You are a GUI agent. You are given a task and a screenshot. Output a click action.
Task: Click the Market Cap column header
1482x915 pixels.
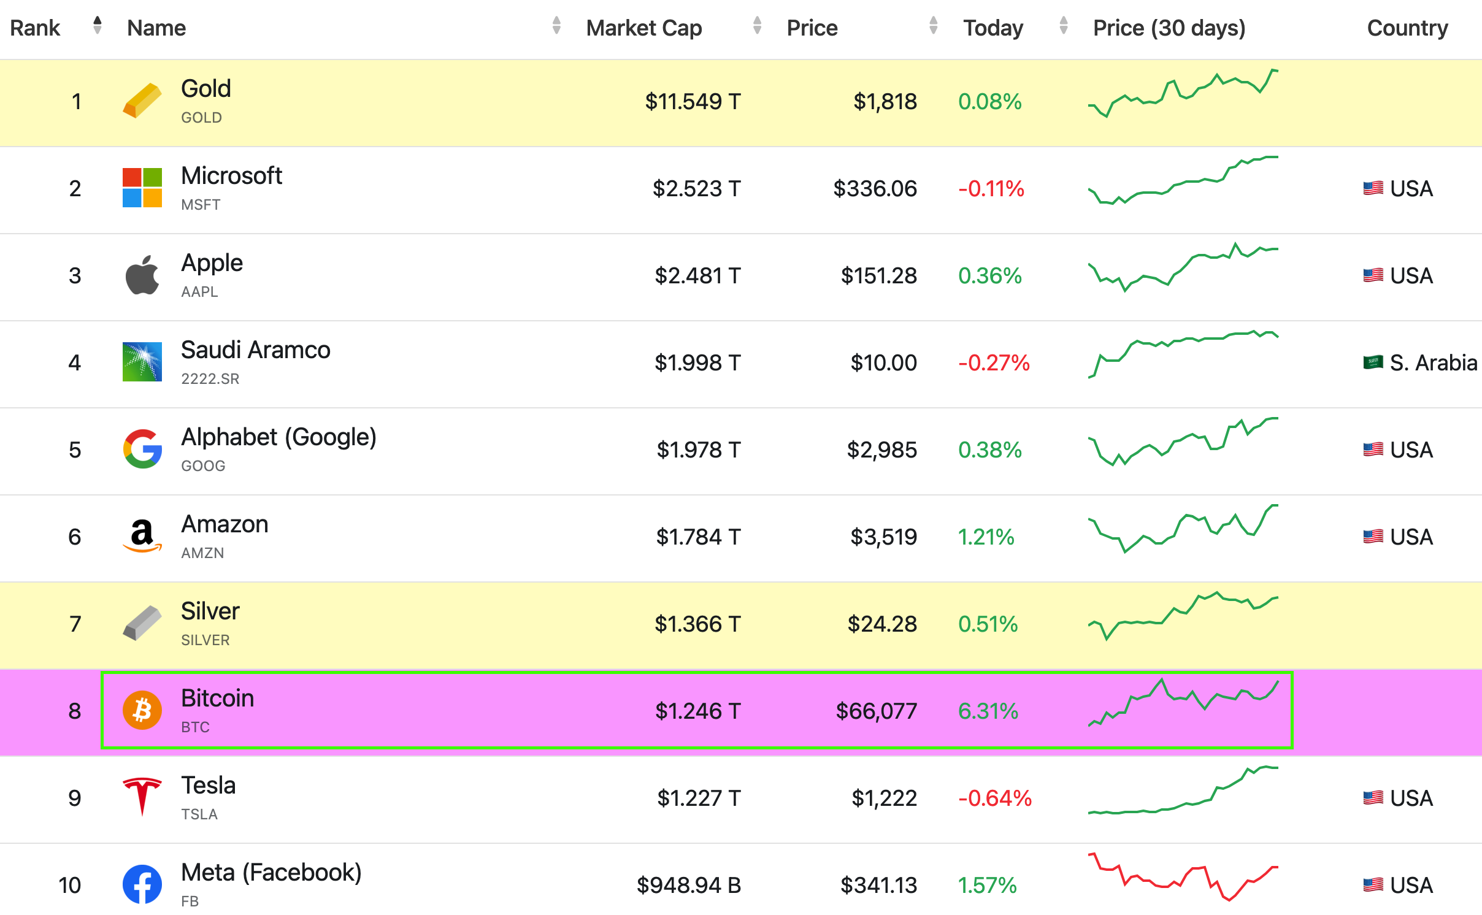(x=643, y=28)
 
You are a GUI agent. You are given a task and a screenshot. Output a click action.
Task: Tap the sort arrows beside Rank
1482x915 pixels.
(x=97, y=26)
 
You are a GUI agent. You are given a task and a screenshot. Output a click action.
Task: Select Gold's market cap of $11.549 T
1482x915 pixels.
(x=693, y=102)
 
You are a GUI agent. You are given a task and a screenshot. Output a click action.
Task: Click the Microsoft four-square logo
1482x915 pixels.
(x=142, y=188)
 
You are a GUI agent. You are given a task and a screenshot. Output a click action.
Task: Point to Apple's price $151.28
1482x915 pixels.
(x=878, y=276)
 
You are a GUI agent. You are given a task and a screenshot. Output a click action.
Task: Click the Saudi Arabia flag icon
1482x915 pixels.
(x=1373, y=362)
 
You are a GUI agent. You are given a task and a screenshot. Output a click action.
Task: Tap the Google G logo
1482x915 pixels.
(x=142, y=449)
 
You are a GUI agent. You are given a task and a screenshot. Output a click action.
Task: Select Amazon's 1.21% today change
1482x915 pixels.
(x=986, y=537)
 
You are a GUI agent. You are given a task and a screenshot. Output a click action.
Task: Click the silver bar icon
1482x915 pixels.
(x=142, y=623)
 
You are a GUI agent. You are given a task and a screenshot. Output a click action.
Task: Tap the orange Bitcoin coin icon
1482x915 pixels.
(x=142, y=710)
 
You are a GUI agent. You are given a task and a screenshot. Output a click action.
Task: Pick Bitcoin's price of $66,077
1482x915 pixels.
(x=876, y=711)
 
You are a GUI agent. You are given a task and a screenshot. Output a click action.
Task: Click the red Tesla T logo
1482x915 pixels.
(x=142, y=796)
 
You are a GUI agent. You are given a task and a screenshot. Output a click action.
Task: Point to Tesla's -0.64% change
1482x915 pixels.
(x=994, y=798)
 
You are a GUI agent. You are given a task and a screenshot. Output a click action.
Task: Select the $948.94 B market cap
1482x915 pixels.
(x=688, y=886)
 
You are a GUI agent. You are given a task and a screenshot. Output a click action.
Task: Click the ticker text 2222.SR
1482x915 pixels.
(x=210, y=379)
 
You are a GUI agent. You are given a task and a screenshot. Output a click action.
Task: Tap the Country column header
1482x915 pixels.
(x=1407, y=28)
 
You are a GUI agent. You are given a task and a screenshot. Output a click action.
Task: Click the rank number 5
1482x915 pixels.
(x=75, y=450)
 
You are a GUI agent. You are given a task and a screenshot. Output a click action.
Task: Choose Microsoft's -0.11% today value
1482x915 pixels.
(x=991, y=189)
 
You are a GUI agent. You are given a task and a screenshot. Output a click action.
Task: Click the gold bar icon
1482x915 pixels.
(x=142, y=101)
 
